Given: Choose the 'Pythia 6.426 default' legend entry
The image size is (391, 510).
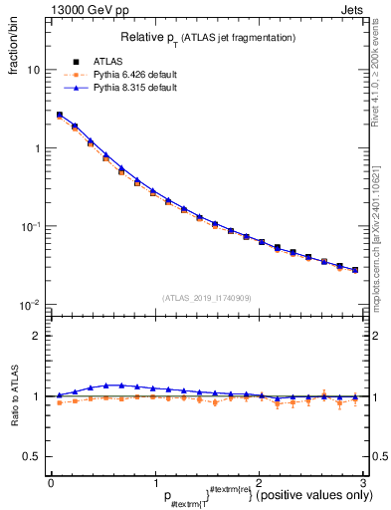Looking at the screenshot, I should tap(137, 75).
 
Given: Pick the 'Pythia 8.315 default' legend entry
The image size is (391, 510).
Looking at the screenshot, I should tap(137, 88).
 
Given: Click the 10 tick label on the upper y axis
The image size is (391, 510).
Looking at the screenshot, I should tap(33, 71).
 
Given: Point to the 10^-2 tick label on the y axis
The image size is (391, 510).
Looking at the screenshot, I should tap(31, 304).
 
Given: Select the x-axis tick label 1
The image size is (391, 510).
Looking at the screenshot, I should tap(154, 482).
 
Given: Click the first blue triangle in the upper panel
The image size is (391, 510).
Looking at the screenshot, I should tap(59, 115).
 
